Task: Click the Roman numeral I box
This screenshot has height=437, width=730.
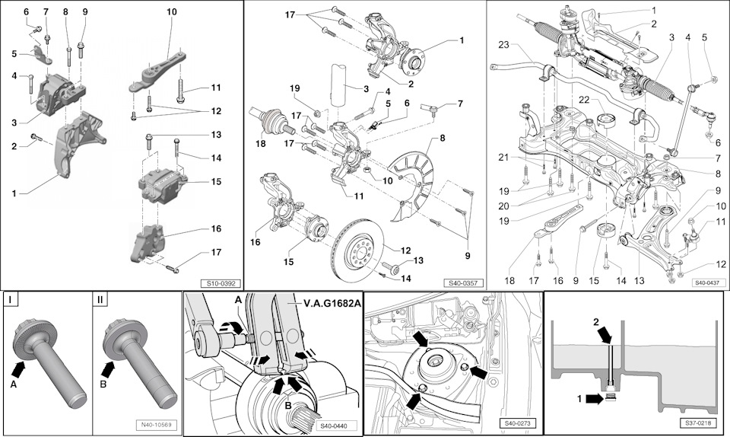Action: pos(11,299)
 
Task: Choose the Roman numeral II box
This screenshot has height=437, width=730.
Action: pos(100,299)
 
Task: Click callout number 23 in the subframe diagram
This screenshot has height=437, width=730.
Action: pos(503,43)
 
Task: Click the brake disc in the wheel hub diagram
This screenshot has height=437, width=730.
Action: pos(357,251)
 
